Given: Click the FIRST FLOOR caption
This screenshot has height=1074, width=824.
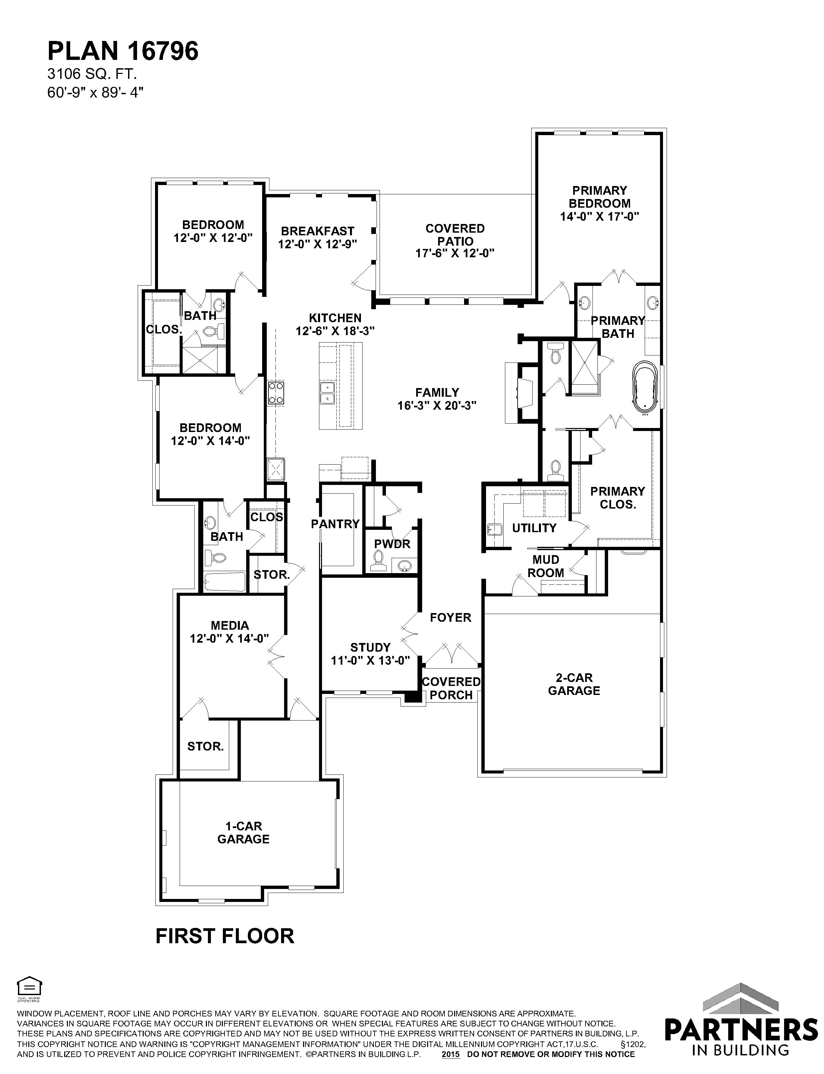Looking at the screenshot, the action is click(x=225, y=936).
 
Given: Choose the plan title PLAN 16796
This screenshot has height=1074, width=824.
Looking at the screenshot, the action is click(x=123, y=51).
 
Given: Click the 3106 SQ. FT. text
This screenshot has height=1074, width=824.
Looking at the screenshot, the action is click(x=92, y=74).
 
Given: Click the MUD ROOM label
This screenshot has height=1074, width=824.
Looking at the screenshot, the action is click(x=546, y=566).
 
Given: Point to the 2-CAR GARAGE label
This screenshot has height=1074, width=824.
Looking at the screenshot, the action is click(x=574, y=684).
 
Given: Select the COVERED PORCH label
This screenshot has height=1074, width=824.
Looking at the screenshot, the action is click(x=451, y=688).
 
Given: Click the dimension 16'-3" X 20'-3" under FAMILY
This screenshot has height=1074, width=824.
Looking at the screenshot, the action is click(x=437, y=405).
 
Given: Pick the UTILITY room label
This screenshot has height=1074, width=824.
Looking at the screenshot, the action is click(x=534, y=528).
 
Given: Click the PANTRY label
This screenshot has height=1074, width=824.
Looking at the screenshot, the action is click(x=335, y=524).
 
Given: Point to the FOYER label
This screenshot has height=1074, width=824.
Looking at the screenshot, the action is click(x=450, y=617).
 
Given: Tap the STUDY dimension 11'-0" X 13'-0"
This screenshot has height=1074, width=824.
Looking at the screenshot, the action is click(x=370, y=660).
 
